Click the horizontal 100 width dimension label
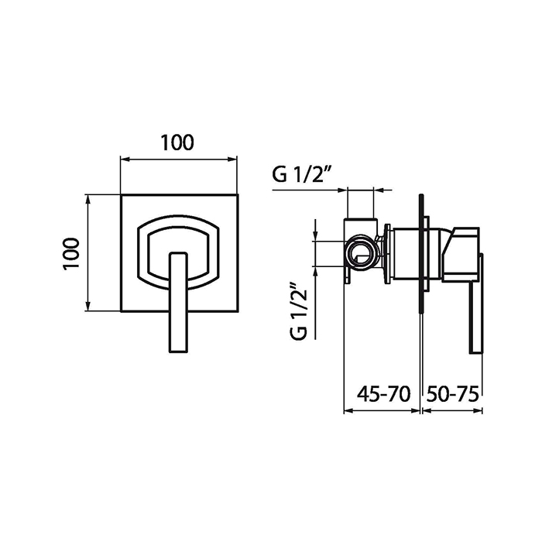point(177,142)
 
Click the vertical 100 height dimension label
point(72,253)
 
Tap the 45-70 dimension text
point(384,394)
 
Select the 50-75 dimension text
point(452,394)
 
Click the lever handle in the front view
point(178,303)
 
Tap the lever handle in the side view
point(475,304)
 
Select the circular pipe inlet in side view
point(359,254)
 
